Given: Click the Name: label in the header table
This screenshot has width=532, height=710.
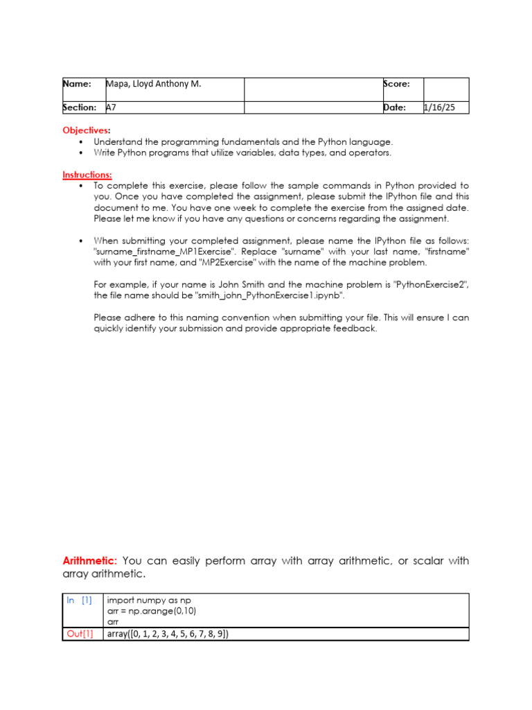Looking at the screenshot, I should coord(78,84).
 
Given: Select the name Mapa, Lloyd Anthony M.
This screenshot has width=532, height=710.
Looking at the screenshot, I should coord(153,84).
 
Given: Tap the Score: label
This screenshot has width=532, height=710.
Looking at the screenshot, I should coord(396,84).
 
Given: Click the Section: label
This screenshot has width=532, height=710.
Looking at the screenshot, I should coord(80,107).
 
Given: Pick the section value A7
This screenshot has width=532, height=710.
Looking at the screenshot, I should coord(111,107).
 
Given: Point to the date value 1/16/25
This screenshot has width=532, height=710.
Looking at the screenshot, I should coord(438,107).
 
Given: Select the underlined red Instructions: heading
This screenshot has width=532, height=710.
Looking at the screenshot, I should coord(87,175).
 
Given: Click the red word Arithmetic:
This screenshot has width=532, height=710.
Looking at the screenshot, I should coord(91,561).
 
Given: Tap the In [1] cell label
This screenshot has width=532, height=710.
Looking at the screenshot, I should coord(79,600).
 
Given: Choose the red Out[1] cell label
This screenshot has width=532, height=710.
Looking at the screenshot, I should coord(80,634).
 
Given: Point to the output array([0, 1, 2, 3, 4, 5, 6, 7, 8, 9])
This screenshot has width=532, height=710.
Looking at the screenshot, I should coord(167,634).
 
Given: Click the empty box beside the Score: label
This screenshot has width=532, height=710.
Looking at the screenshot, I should coord(446,89).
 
